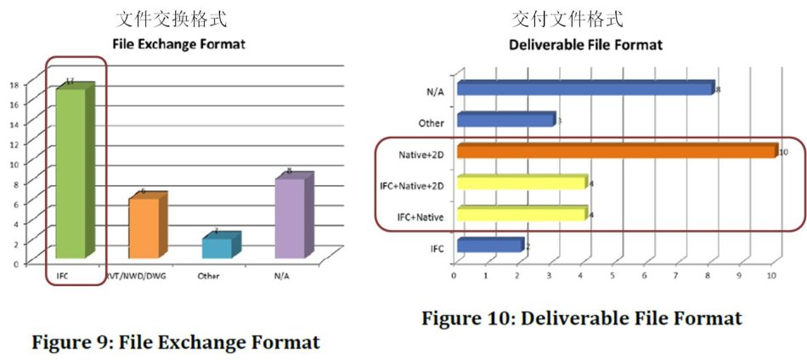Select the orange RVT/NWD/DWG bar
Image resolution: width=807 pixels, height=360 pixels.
(x=144, y=228)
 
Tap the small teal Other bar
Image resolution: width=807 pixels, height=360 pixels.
(x=216, y=247)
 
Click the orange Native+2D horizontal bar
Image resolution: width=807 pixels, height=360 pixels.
(x=616, y=151)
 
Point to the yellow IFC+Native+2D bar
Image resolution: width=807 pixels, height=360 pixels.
(x=521, y=183)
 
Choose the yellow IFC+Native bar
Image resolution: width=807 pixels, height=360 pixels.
(x=521, y=214)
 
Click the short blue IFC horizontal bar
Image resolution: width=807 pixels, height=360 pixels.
(x=488, y=245)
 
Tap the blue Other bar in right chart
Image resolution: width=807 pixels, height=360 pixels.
(x=505, y=121)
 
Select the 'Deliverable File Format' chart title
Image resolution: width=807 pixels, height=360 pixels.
(x=584, y=44)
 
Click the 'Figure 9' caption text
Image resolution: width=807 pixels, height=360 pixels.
(x=175, y=343)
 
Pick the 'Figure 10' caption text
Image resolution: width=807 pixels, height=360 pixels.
(x=582, y=318)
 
